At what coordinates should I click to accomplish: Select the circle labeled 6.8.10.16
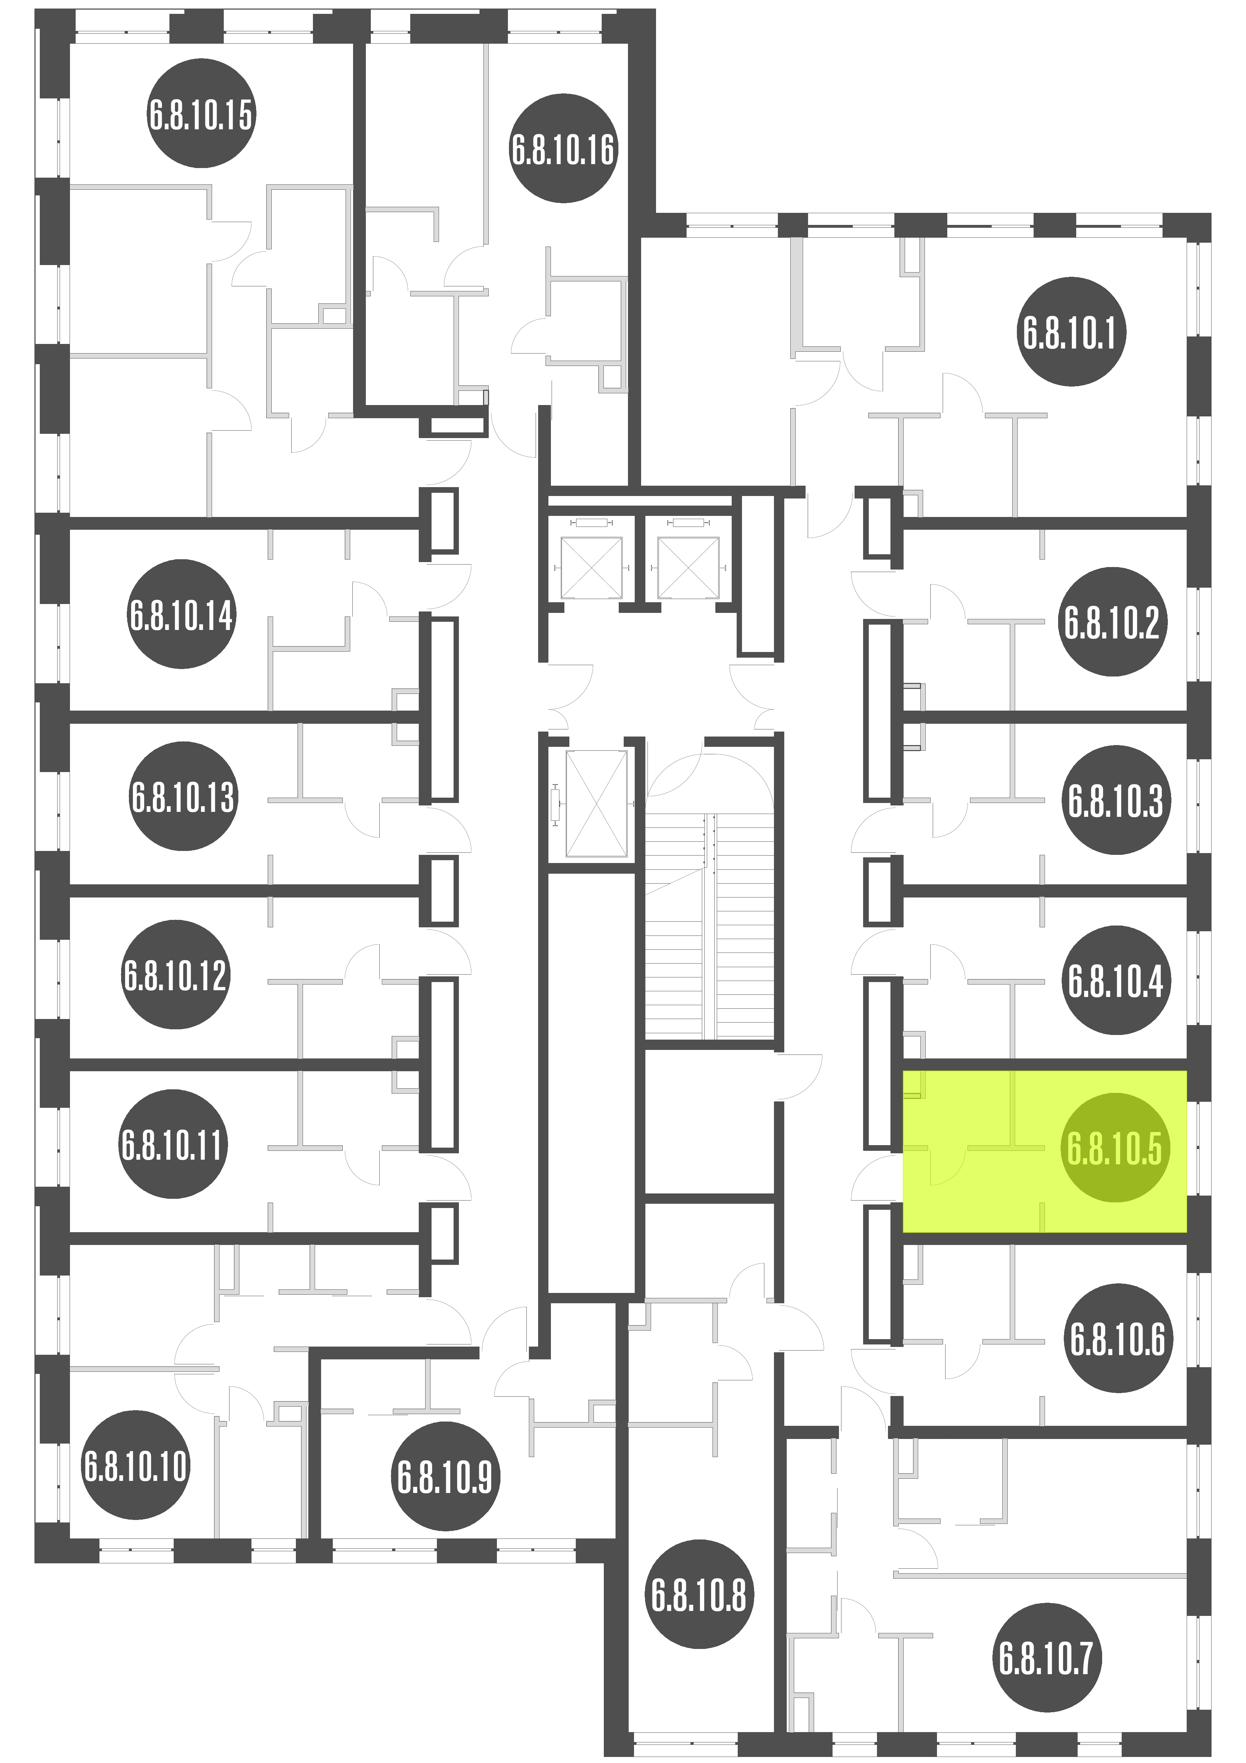click(563, 149)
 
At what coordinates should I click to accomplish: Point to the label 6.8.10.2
click(1112, 622)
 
